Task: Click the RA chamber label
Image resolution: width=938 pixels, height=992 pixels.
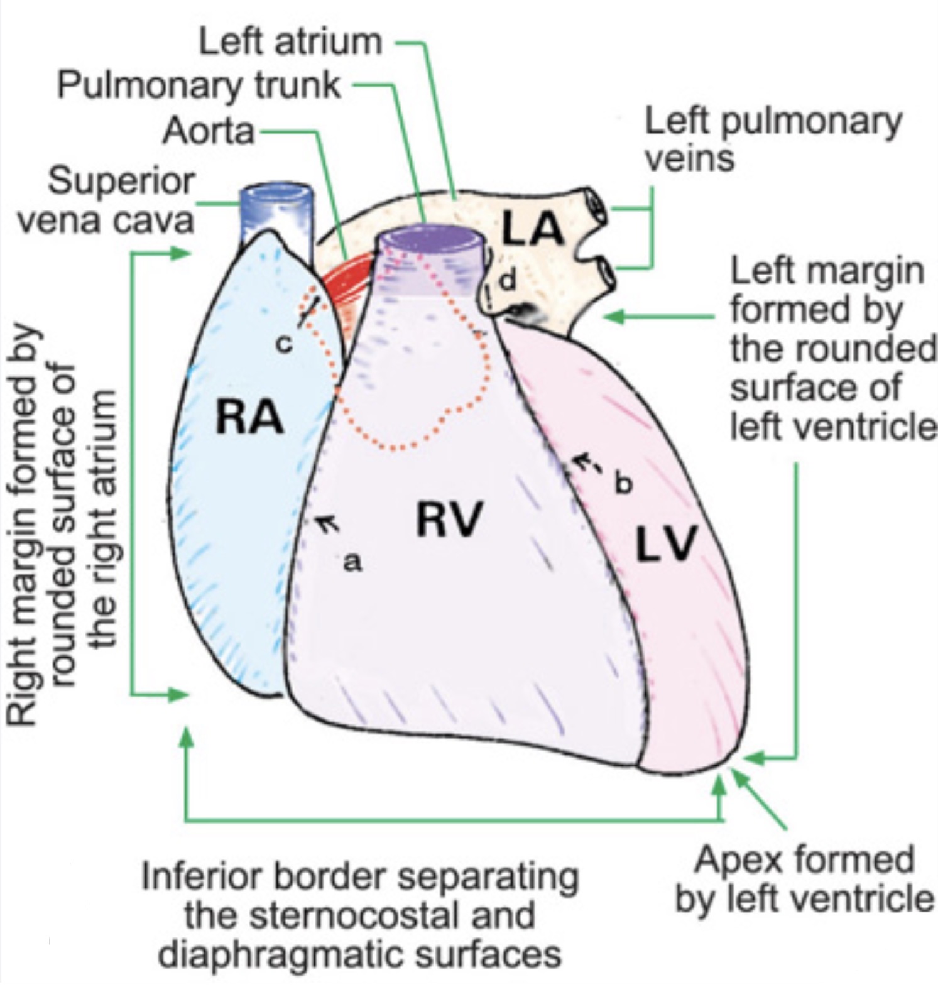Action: (x=249, y=418)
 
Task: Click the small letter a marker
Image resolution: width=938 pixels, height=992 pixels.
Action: (x=353, y=562)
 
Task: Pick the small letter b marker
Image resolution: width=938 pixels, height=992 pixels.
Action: (x=622, y=483)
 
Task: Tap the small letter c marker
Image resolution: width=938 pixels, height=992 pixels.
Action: (x=285, y=344)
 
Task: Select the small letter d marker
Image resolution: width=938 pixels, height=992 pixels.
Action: (x=508, y=281)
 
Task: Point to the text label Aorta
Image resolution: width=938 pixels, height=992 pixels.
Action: (x=209, y=132)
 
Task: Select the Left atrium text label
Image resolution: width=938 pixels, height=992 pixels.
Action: (x=290, y=41)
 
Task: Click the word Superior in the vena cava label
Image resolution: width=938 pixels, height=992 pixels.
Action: (x=122, y=182)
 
